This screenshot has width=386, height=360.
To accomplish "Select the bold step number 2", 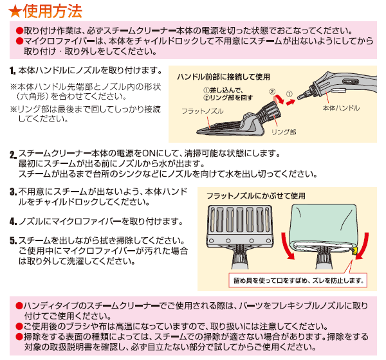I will point(14,155).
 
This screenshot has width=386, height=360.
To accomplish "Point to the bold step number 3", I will point(14,192).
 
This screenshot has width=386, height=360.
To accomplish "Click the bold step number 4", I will point(14,222).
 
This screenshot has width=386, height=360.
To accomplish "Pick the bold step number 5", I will point(14,242).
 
